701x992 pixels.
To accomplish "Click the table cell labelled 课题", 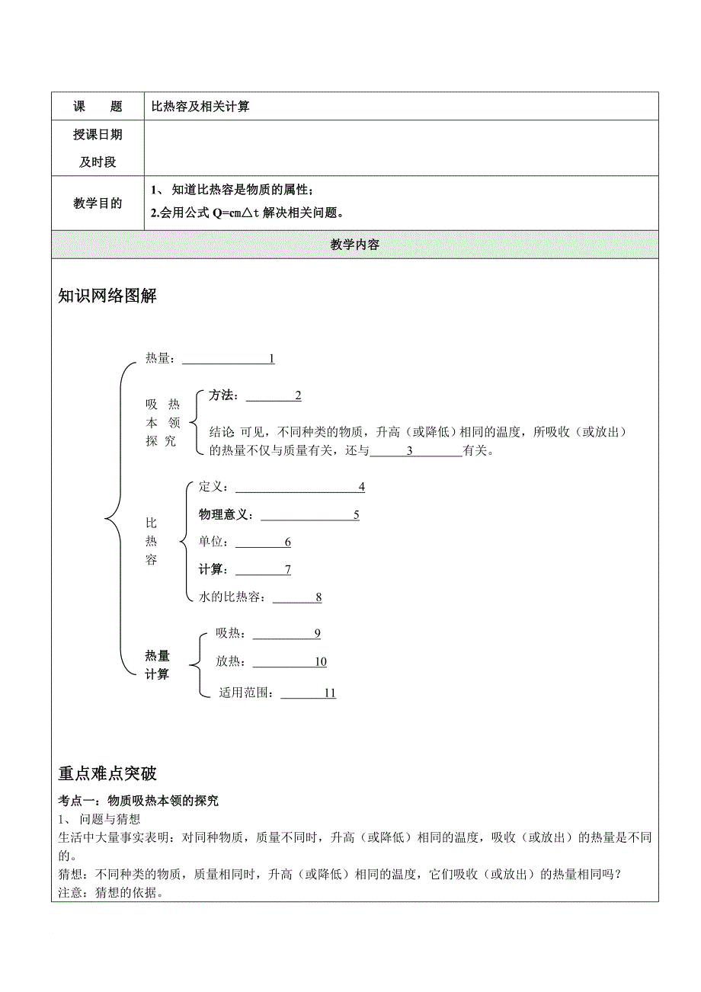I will point(98,107).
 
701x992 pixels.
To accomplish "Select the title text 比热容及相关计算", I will point(200,107).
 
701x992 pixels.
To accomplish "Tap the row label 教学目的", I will point(98,203).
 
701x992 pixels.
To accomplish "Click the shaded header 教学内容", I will point(355,245).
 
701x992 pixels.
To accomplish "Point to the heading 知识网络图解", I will point(107,296).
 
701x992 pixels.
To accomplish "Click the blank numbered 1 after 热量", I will point(228,359).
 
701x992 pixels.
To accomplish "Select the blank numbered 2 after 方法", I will point(274,395).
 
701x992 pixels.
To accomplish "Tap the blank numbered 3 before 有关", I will point(415,451).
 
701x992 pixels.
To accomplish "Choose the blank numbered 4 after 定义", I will point(301,488).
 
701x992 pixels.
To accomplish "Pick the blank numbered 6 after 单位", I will point(264,542).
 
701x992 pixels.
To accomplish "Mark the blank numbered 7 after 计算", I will point(264,570).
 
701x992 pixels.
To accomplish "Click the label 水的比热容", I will point(232,597).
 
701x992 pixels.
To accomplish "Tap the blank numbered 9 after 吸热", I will point(286,634).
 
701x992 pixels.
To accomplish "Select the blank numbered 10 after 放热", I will point(290,662).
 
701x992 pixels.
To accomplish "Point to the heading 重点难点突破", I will point(107,773).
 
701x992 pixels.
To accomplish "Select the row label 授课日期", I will point(98,135).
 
